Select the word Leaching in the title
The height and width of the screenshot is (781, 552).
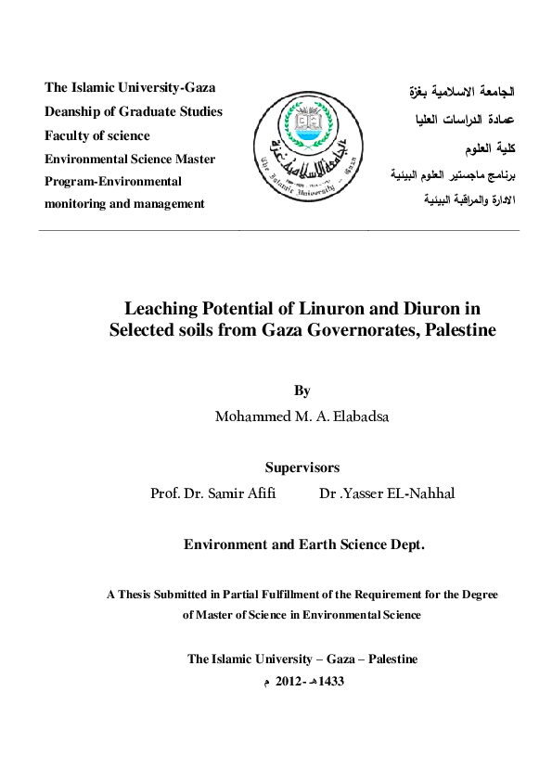[160, 307]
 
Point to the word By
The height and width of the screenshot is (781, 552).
[302, 391]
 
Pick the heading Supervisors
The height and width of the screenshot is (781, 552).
[302, 467]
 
